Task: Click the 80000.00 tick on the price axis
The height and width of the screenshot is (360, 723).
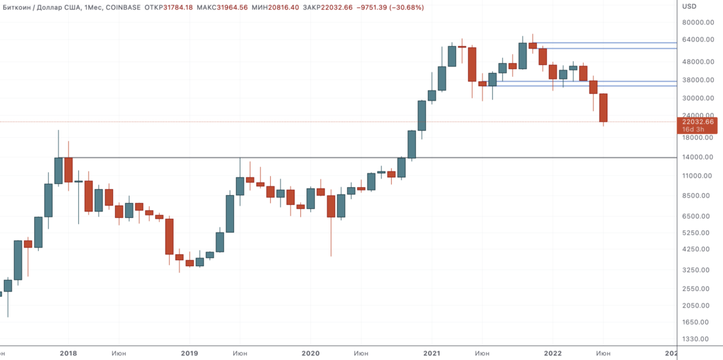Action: pyautogui.click(x=697, y=22)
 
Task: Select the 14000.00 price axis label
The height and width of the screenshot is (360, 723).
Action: pyautogui.click(x=697, y=157)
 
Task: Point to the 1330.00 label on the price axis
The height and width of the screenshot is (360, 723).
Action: pyautogui.click(x=697, y=339)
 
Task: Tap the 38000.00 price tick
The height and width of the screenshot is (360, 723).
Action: pyautogui.click(x=697, y=80)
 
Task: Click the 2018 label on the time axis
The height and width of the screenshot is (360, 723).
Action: pyautogui.click(x=68, y=353)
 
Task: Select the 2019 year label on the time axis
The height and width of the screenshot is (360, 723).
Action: pyautogui.click(x=189, y=353)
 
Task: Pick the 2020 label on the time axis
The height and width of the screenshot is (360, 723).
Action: pyautogui.click(x=310, y=353)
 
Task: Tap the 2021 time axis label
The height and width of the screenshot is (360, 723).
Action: pyautogui.click(x=432, y=353)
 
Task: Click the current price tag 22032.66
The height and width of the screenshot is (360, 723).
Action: pyautogui.click(x=698, y=122)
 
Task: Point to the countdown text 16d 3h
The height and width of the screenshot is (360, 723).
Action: pyautogui.click(x=694, y=129)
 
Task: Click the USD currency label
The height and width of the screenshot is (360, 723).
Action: pyautogui.click(x=689, y=7)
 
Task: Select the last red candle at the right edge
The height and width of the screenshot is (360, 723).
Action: pyautogui.click(x=603, y=108)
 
